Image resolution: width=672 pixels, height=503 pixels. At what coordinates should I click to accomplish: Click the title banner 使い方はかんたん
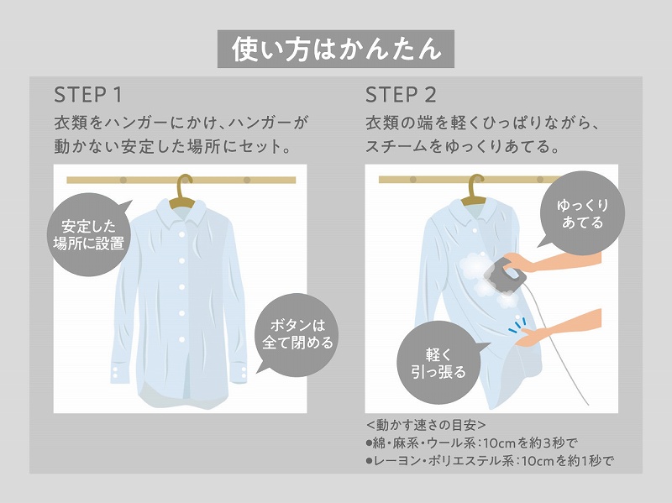(x=336, y=49)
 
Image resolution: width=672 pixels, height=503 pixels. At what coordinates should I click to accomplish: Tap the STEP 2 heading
(x=401, y=93)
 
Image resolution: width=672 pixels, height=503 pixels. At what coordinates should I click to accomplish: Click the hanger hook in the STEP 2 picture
(x=476, y=187)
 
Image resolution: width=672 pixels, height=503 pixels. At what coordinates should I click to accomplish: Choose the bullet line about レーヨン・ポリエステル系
(x=491, y=460)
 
